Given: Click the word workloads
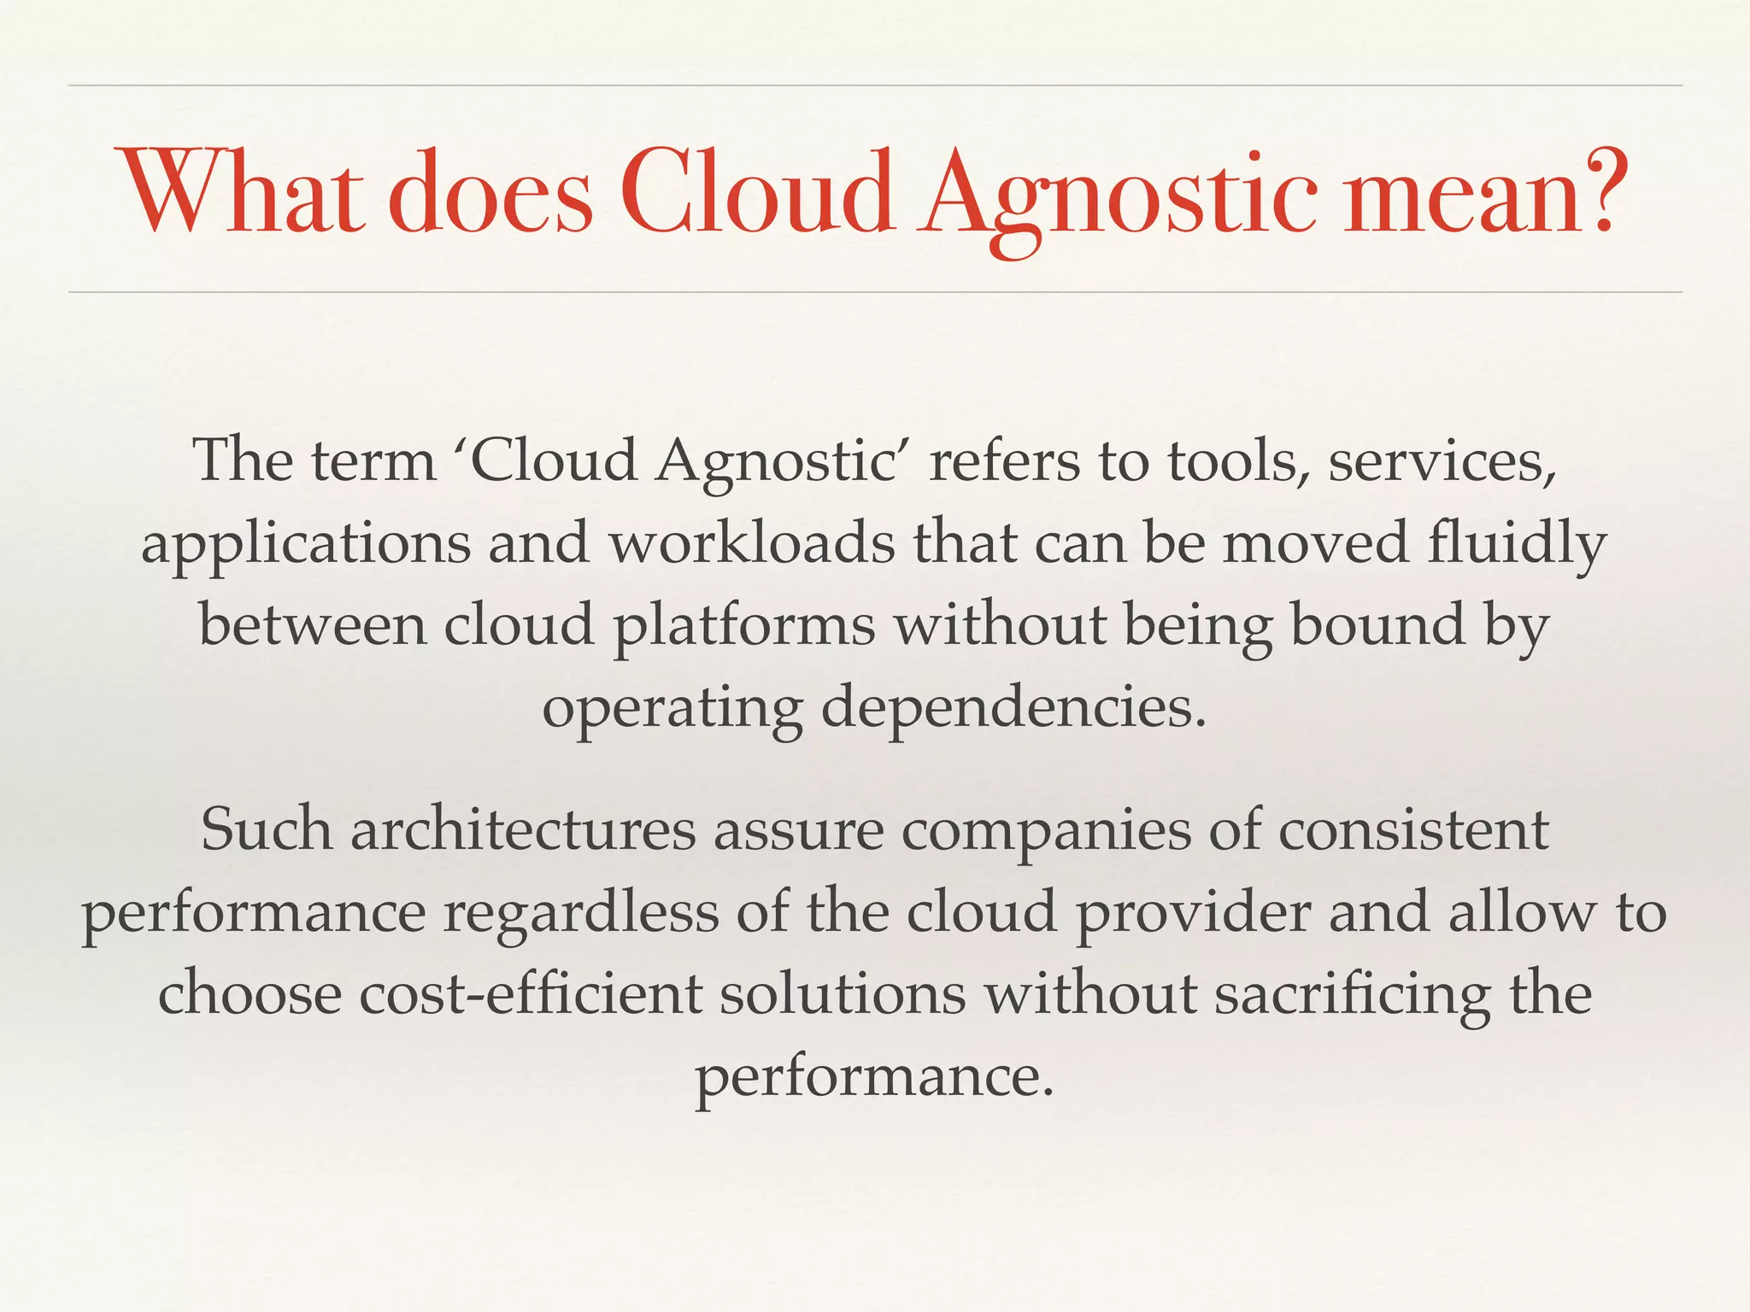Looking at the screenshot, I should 752,543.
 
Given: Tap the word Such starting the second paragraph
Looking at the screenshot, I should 267,830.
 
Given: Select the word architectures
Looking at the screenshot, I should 523,830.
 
